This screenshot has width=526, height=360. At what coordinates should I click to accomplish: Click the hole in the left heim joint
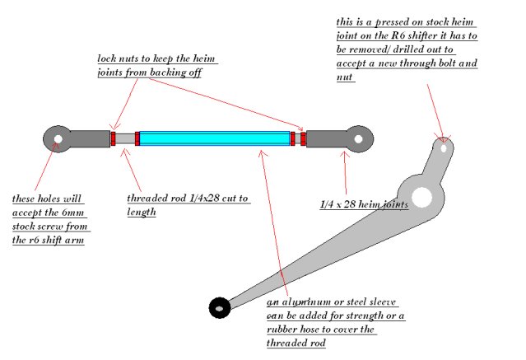click(x=57, y=138)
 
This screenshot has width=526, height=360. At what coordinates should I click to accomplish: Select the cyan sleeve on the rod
click(x=214, y=138)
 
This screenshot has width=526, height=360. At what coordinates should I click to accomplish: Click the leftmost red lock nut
click(x=113, y=138)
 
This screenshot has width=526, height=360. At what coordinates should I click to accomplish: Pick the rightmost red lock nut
click(x=304, y=138)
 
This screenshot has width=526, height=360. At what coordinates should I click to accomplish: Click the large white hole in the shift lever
click(x=423, y=197)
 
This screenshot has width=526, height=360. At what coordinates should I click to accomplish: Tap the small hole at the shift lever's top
click(x=444, y=149)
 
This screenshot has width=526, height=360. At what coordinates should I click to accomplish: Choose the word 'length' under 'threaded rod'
click(x=142, y=213)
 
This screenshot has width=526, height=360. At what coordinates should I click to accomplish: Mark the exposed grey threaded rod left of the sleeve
click(x=125, y=138)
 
